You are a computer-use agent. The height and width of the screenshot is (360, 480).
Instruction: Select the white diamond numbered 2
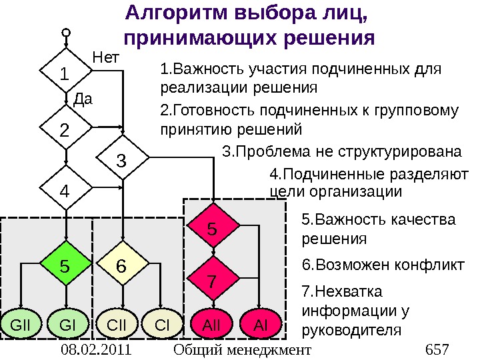tap(65, 131)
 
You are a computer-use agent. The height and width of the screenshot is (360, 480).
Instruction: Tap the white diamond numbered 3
tap(122, 161)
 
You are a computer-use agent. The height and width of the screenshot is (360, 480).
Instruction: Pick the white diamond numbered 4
tap(65, 190)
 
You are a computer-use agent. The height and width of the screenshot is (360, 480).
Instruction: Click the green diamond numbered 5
tap(65, 266)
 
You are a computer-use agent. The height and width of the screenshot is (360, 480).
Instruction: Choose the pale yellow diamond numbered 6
tap(122, 266)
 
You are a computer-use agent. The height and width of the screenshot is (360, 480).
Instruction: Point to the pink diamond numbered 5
tap(213, 229)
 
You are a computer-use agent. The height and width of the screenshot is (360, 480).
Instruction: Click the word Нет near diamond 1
tap(104, 57)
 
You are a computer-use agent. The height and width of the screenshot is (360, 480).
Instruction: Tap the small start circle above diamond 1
tap(65, 31)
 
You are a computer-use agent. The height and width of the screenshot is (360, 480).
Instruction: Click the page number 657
tap(437, 349)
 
